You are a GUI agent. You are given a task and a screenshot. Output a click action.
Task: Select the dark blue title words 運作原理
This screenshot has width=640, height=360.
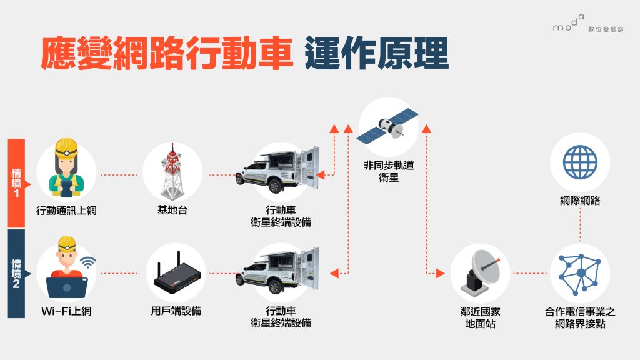377,54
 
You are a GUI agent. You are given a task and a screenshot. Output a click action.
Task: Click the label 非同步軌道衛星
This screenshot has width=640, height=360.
388,172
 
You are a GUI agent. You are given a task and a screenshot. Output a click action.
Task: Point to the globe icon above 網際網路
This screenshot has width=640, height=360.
580,162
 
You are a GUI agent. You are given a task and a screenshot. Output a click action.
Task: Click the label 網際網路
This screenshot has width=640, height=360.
580,201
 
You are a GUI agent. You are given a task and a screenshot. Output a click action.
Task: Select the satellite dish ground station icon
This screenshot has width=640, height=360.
480,273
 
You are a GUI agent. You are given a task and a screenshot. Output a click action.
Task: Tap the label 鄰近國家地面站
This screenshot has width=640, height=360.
480,317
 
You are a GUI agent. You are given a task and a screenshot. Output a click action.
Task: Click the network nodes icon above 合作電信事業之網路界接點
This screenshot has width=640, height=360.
580,273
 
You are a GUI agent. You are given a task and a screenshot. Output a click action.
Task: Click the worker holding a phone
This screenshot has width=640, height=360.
66,169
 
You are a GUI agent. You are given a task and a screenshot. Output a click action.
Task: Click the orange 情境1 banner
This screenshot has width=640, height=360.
16,182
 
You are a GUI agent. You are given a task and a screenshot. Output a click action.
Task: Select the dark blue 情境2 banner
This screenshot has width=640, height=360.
16,273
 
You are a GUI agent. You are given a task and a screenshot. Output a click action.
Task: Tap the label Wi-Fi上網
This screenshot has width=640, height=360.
66,311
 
